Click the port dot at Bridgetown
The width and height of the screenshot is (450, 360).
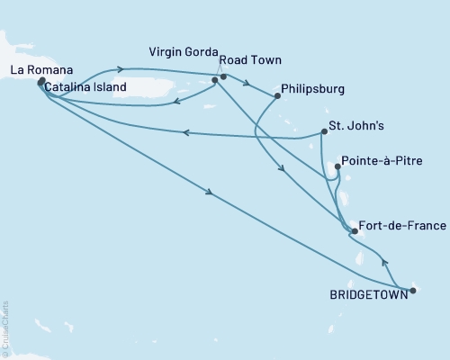tap(413, 290)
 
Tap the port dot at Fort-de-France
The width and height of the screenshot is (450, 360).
tap(355, 231)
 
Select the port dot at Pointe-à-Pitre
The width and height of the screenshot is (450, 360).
tap(338, 166)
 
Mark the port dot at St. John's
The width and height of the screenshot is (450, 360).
tap(322, 133)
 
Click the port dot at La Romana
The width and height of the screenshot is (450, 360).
tap(42, 82)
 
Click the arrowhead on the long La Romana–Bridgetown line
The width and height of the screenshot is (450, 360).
tap(210, 193)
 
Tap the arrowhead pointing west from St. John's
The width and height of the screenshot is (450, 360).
tap(184, 133)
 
